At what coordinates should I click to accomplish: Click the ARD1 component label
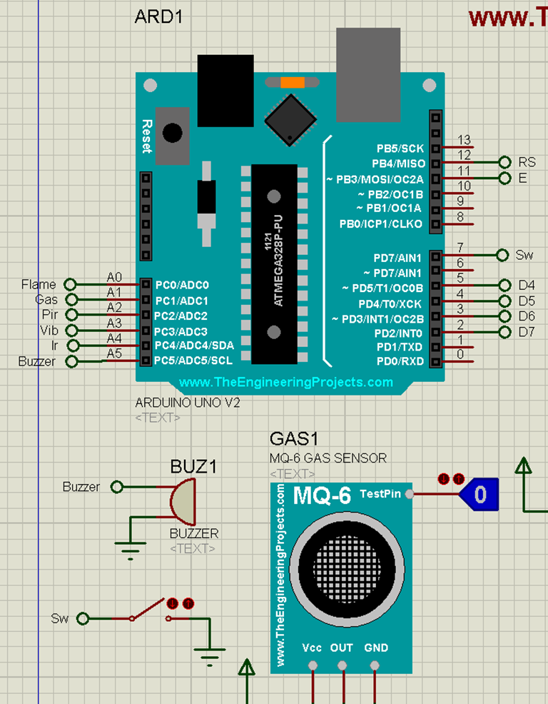click(158, 17)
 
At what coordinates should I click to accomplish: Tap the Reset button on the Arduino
click(172, 134)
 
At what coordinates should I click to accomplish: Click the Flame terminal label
click(39, 285)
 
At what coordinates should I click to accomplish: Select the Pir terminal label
click(50, 315)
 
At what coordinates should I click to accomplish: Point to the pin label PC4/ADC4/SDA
click(194, 346)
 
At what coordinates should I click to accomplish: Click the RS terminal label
click(527, 162)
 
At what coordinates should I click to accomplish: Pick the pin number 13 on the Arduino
click(465, 140)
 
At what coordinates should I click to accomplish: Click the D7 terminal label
click(527, 332)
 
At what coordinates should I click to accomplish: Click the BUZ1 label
click(193, 467)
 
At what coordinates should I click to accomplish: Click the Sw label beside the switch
click(60, 618)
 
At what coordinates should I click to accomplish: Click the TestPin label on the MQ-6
click(380, 493)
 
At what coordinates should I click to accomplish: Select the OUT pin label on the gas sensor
click(342, 648)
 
